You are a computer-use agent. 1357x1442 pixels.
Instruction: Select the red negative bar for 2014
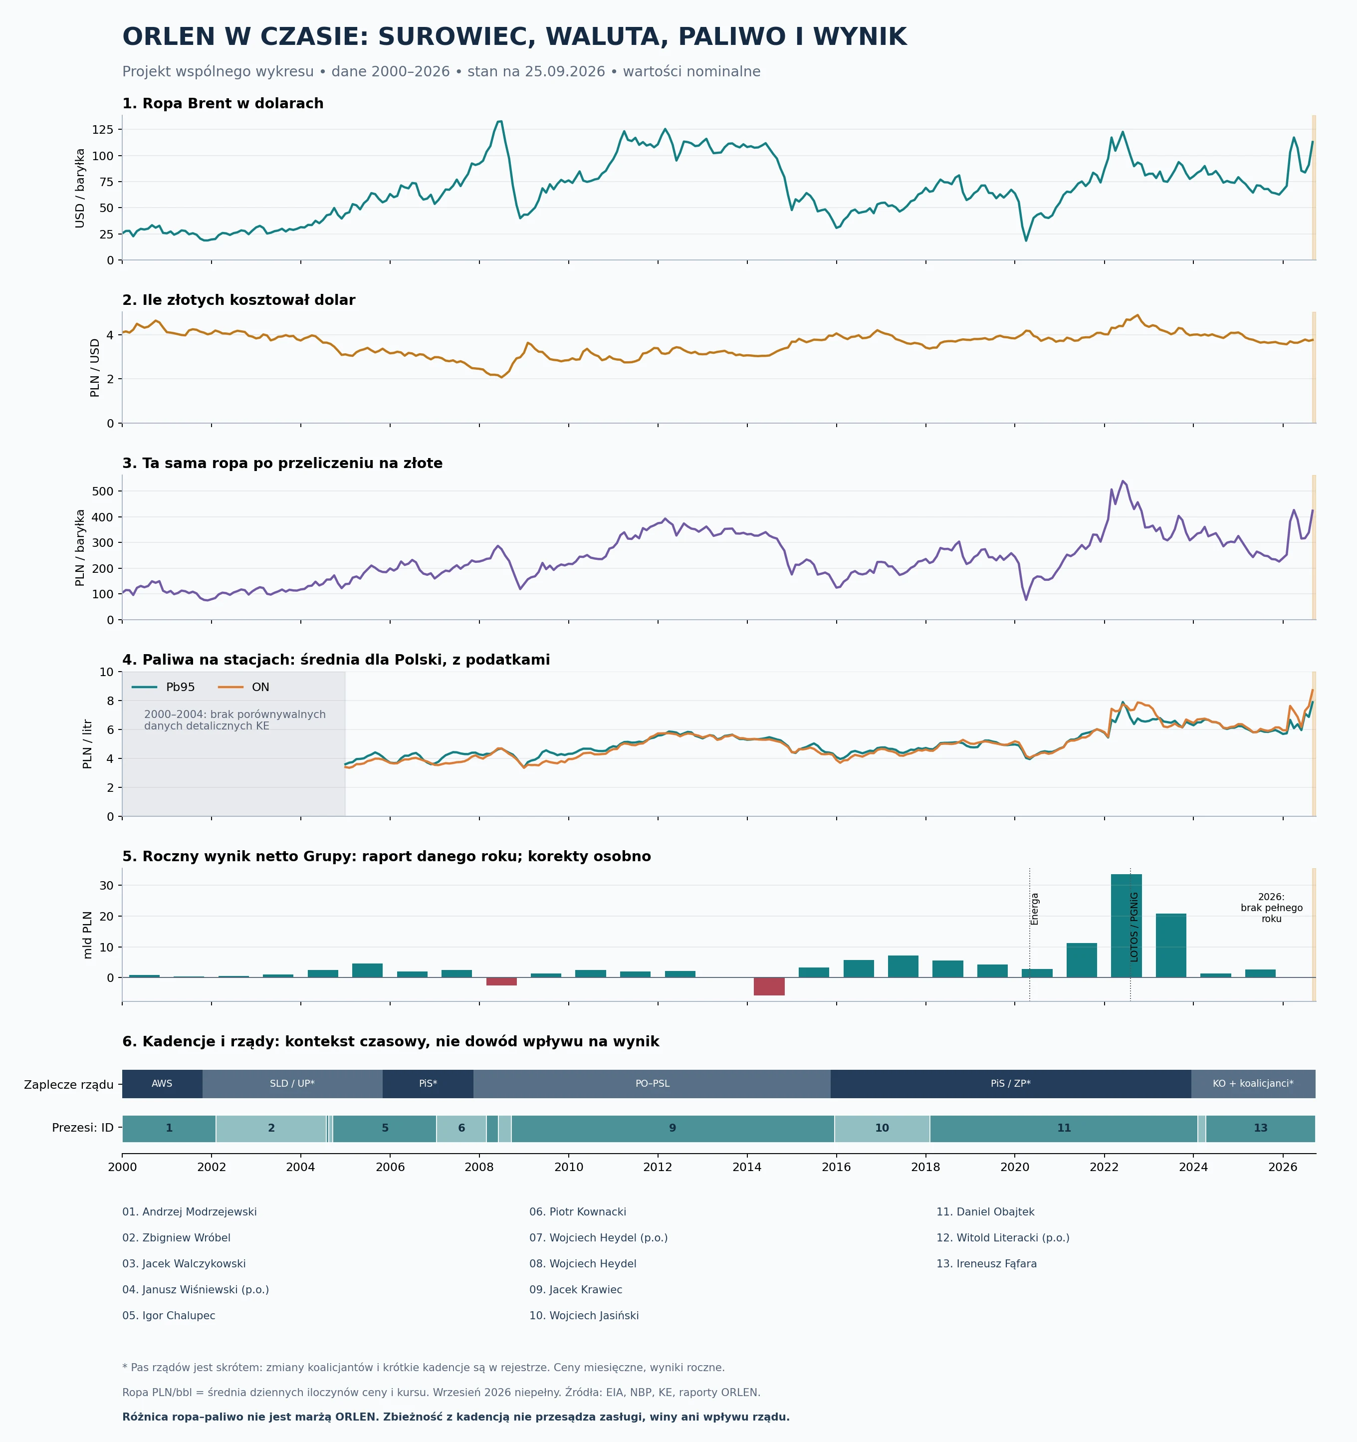(769, 986)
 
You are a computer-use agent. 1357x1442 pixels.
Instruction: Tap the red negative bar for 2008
(501, 981)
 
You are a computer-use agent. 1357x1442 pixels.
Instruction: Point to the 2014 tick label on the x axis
(747, 1167)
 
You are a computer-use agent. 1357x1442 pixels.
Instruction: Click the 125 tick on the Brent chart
(103, 130)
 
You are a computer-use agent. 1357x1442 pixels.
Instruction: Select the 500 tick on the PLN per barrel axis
(103, 491)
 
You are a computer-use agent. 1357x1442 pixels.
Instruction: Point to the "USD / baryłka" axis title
(80, 188)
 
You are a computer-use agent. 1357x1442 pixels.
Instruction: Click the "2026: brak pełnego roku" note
(1271, 908)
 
